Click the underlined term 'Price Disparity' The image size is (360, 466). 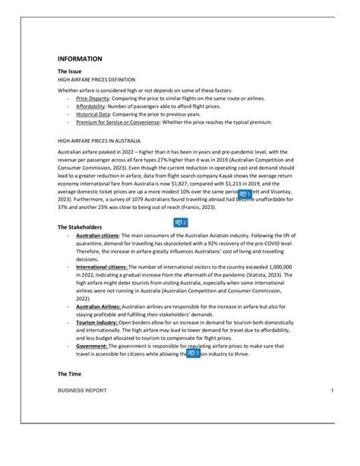click(93, 99)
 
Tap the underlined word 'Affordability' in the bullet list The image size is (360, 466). click(92, 106)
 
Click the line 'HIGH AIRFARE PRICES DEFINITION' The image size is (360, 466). click(96, 79)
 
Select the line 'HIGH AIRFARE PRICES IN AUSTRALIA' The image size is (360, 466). click(99, 142)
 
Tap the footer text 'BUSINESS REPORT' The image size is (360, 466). click(82, 391)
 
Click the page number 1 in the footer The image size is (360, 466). click(332, 391)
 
